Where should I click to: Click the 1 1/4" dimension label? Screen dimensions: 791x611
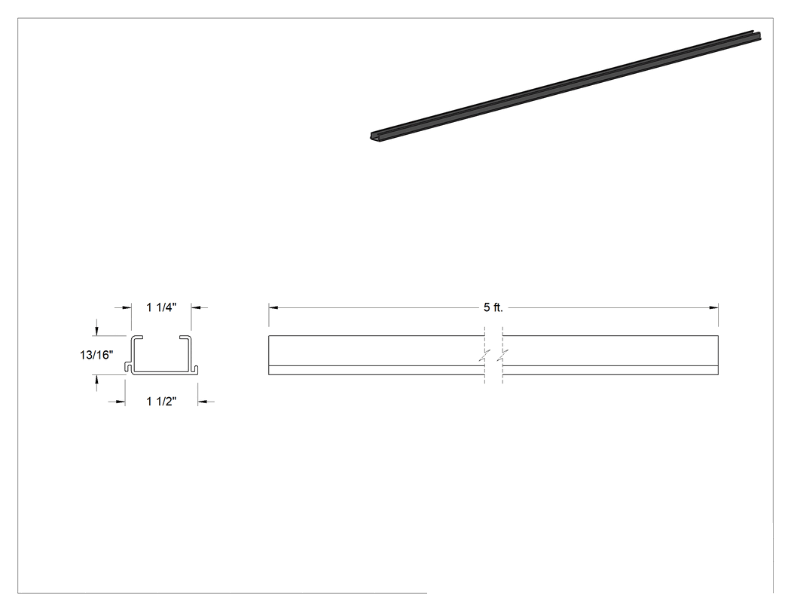coord(161,307)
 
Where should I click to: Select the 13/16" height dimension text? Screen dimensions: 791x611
coord(96,355)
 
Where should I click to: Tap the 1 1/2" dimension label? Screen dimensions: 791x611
coord(161,402)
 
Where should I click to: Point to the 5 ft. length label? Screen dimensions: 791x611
coord(493,307)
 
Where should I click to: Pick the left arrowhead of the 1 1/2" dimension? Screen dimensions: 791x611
coord(121,402)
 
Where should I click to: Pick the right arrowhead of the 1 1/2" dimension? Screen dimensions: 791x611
coord(203,402)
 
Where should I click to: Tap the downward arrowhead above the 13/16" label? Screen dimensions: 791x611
coord(96,331)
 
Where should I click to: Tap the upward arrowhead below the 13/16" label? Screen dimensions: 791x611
coord(96,380)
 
